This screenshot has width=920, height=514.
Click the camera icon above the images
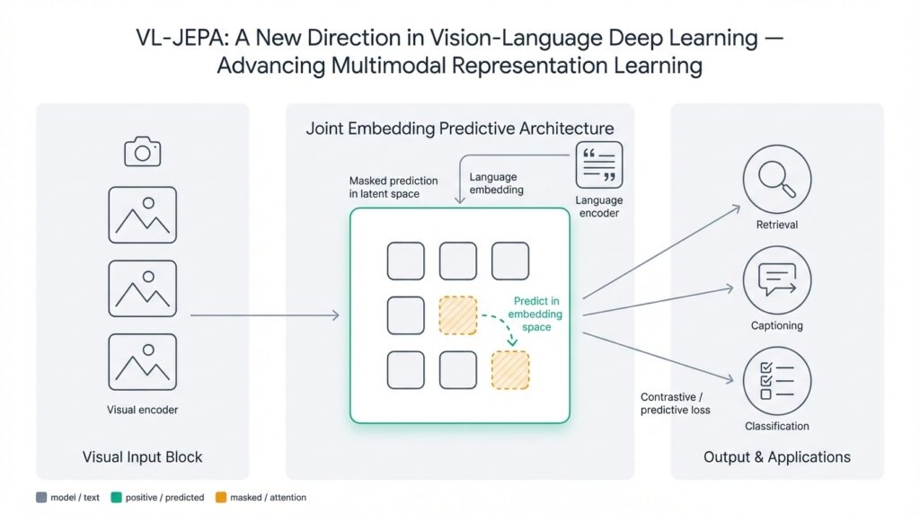point(142,151)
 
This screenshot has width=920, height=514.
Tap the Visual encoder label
point(142,410)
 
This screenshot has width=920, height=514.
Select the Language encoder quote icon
point(598,165)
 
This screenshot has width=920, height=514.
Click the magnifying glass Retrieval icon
point(777,178)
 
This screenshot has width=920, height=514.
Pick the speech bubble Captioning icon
point(777,279)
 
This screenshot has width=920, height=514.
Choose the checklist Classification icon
point(777,381)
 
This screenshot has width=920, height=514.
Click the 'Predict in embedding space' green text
point(536,315)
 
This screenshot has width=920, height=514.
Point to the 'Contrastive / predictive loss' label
point(675,403)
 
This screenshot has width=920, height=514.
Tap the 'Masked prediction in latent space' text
point(393,188)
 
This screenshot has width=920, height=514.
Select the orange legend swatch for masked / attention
point(221,497)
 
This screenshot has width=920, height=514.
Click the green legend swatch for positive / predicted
point(116,497)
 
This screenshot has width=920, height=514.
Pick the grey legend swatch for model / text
point(40,497)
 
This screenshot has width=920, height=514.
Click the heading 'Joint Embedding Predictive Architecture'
point(459,128)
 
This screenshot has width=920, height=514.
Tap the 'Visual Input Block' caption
point(142,457)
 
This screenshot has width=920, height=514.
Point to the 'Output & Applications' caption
point(776,457)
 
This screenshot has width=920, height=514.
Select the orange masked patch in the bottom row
point(509,370)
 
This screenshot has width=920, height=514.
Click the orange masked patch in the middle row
point(457,315)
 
